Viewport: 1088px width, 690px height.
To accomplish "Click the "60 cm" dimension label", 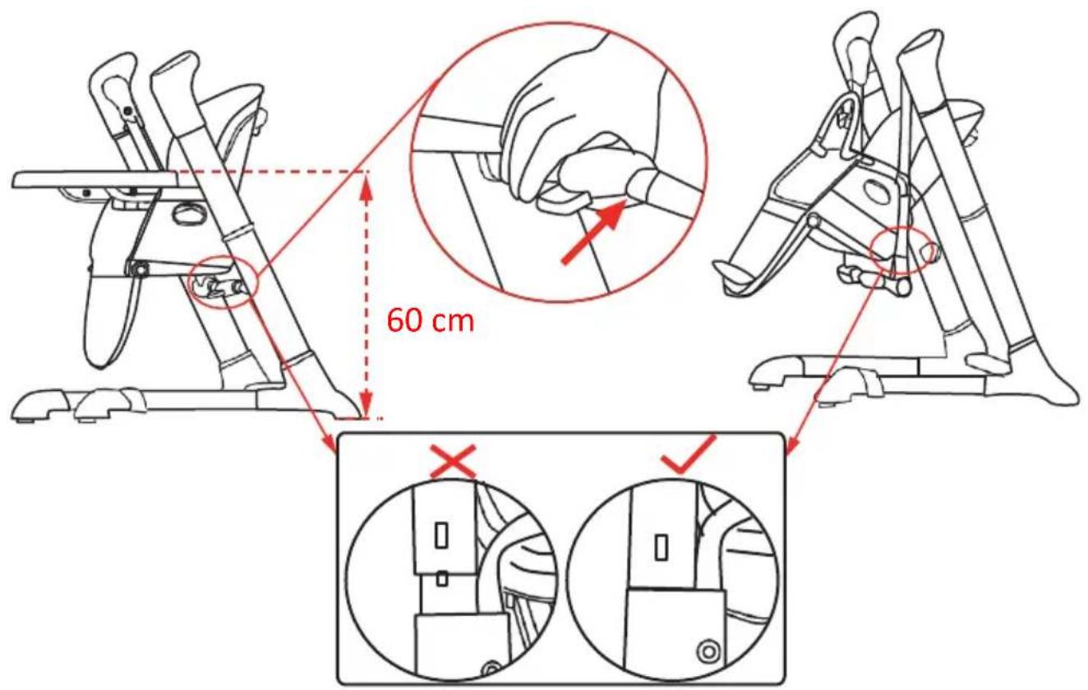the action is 430,320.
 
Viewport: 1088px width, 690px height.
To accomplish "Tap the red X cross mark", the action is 453,462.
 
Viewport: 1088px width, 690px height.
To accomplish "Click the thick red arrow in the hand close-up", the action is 593,232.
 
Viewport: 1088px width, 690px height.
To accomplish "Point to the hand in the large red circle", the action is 583,131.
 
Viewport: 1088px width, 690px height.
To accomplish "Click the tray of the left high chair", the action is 97,180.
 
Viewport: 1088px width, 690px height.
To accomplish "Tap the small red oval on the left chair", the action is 224,281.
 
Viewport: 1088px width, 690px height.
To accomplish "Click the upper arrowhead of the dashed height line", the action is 367,187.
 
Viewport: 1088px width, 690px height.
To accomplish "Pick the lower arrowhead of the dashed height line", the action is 367,403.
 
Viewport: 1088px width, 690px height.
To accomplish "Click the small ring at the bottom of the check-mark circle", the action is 707,651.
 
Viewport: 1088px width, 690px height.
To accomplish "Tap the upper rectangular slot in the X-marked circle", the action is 441,535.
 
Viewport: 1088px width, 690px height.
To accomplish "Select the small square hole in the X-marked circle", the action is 441,580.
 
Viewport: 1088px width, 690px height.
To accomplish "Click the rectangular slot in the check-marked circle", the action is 661,547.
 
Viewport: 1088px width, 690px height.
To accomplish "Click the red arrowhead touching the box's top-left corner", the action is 330,445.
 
